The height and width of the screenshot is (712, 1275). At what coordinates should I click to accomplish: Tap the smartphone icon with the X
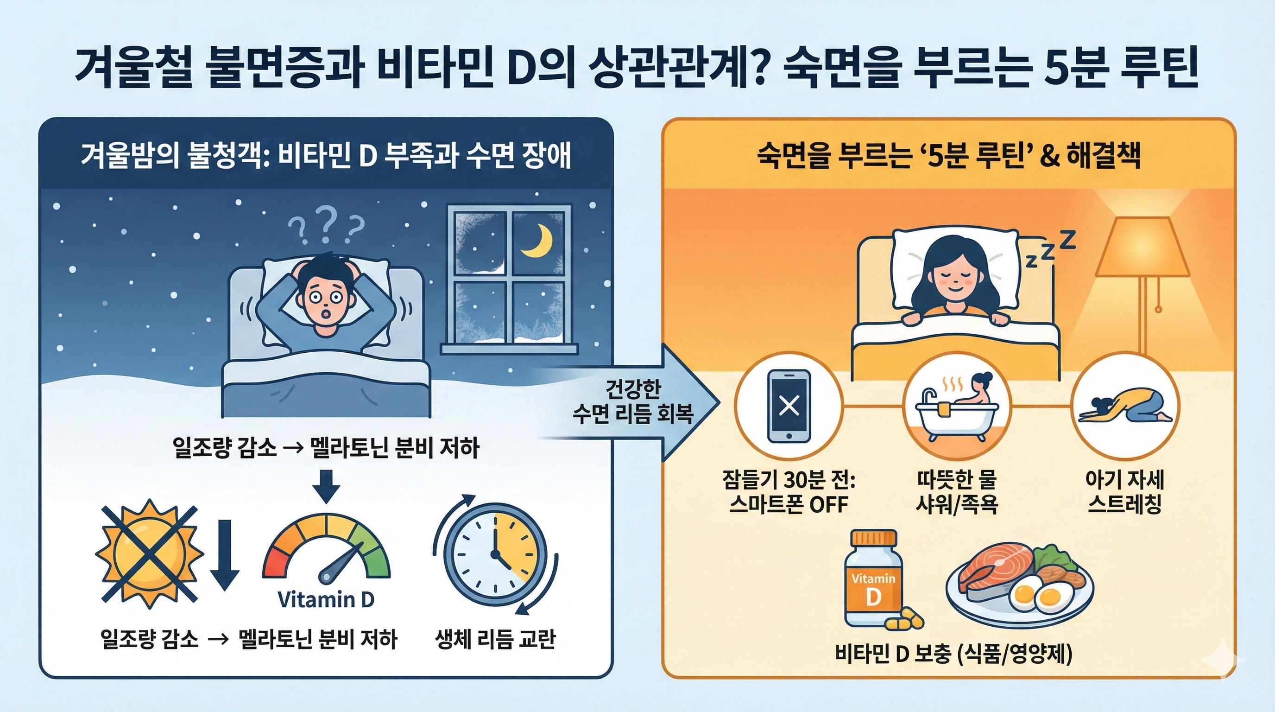coord(789,406)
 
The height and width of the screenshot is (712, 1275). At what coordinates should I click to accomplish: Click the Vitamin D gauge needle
coord(341,561)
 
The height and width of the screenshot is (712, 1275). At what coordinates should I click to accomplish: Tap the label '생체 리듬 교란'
coord(495,639)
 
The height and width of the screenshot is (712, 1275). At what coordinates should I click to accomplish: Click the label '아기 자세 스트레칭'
coord(1124,492)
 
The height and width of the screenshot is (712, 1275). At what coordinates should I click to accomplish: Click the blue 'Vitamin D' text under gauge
coord(326,600)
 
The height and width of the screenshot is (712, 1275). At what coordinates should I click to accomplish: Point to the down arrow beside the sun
coord(225,554)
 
